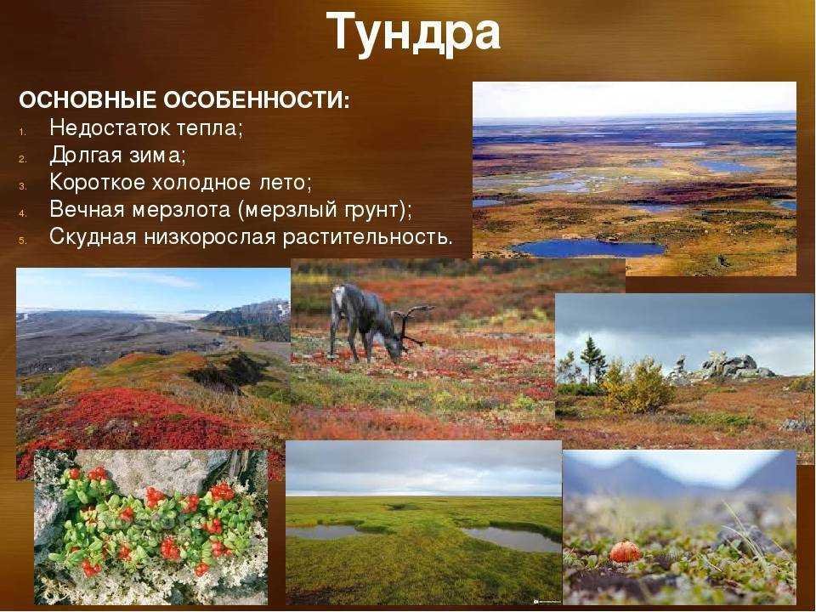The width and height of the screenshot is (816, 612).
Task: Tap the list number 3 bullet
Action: pos(22,185)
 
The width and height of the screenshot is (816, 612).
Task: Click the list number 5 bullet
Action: pos(22,241)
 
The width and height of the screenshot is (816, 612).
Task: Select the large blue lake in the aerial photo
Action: pos(588,247)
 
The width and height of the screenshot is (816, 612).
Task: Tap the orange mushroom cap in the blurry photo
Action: pos(625,552)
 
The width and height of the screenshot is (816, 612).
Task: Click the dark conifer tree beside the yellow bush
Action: pos(592,359)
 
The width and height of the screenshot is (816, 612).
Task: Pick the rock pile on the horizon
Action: pos(734,366)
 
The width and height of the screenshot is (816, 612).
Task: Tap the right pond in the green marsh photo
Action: pos(511,538)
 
